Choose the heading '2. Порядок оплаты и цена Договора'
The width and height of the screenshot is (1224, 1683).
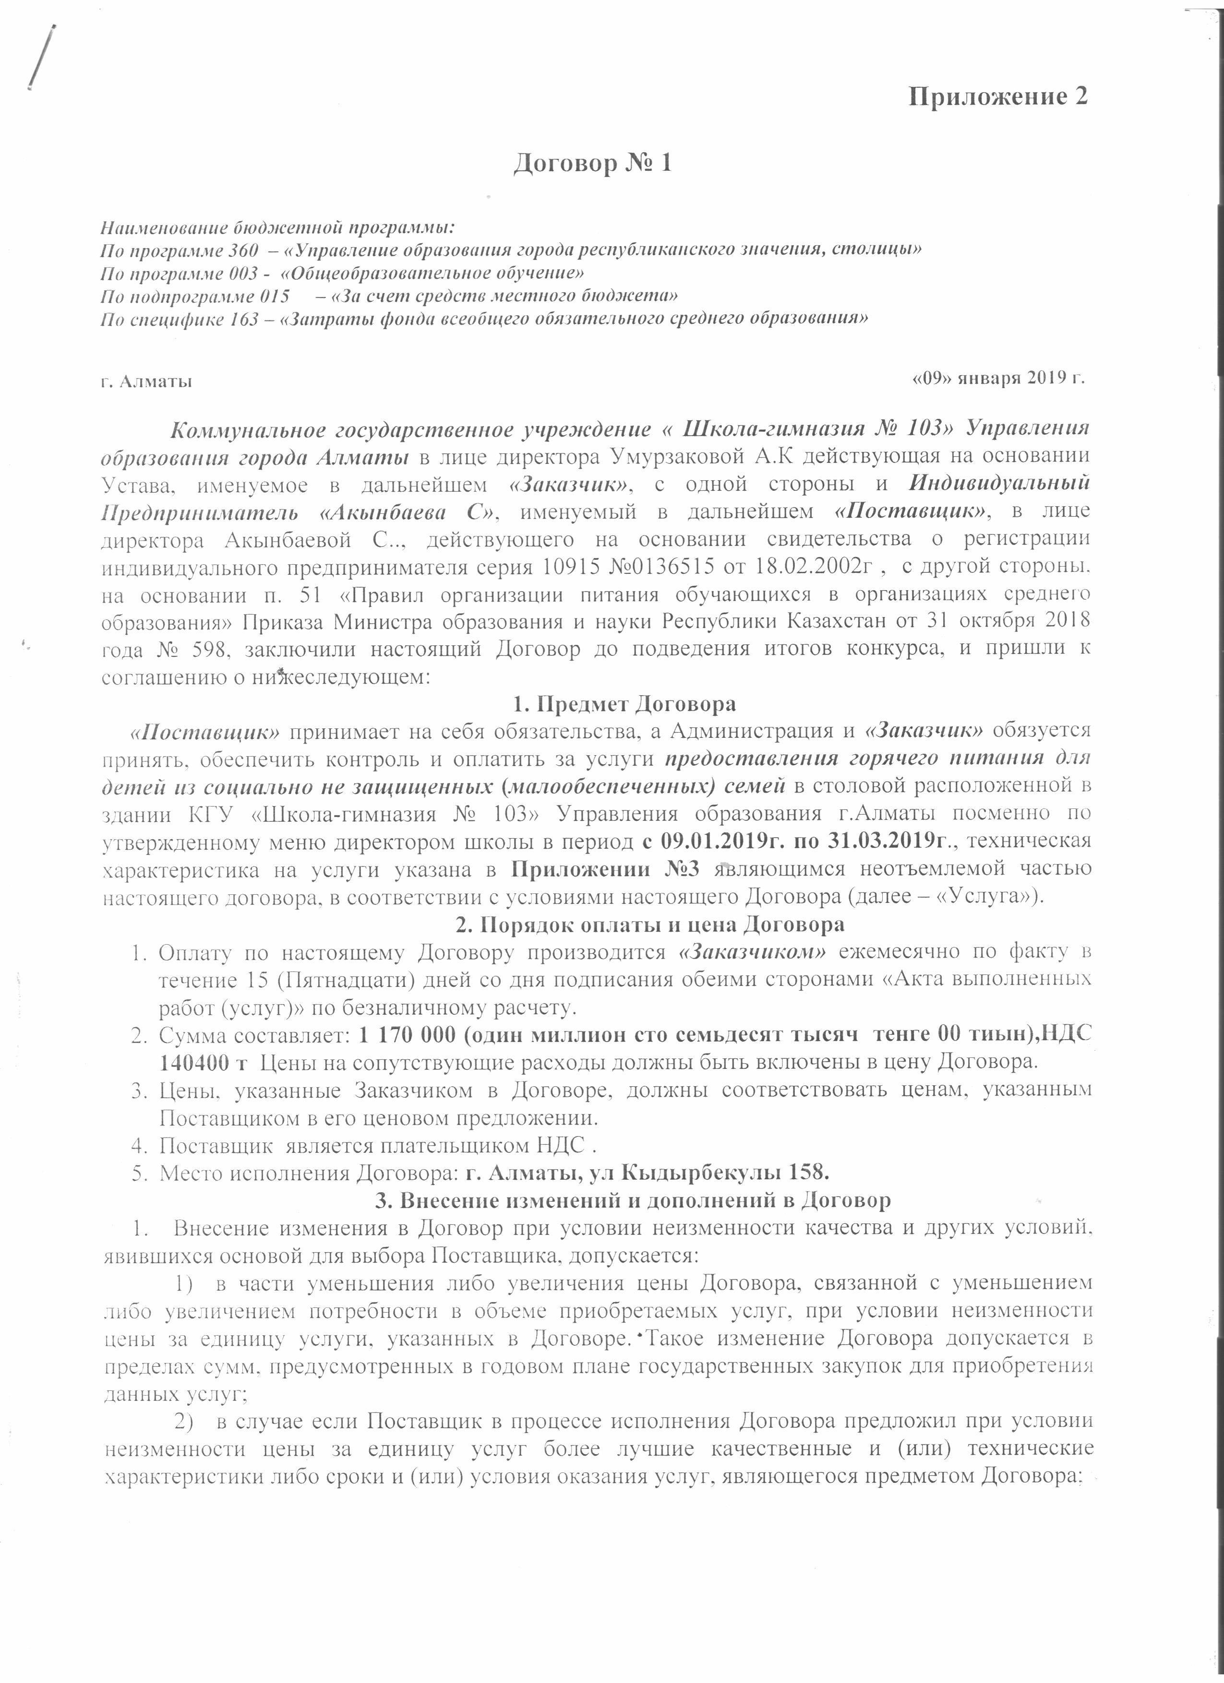tap(649, 924)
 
